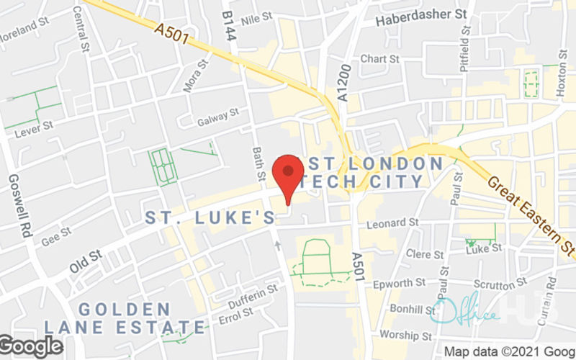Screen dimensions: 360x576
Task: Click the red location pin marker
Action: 289,176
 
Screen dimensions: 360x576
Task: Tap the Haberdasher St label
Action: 422,14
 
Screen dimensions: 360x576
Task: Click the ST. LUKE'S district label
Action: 210,217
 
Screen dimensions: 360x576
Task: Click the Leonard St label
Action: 392,224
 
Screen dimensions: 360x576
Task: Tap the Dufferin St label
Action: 253,292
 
